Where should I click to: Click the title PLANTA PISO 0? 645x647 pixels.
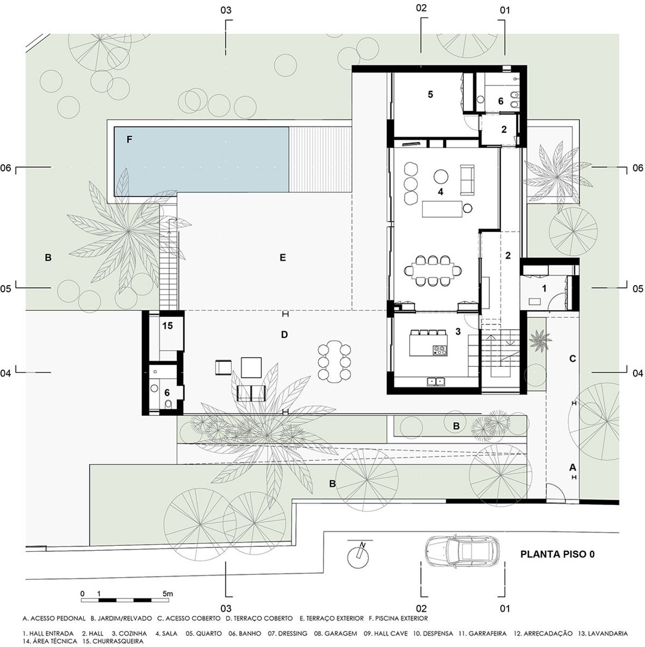pyautogui.click(x=557, y=554)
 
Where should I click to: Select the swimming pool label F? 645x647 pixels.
pyautogui.click(x=129, y=139)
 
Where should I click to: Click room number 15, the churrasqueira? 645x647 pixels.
pyautogui.click(x=168, y=325)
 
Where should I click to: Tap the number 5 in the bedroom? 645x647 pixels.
pyautogui.click(x=430, y=94)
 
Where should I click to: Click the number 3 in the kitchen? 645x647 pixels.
pyautogui.click(x=458, y=331)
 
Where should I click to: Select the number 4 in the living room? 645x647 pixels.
pyautogui.click(x=441, y=191)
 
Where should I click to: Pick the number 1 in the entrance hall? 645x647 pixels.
pyautogui.click(x=544, y=288)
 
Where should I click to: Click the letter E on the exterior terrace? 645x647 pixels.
pyautogui.click(x=283, y=258)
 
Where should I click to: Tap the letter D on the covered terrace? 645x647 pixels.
pyautogui.click(x=284, y=335)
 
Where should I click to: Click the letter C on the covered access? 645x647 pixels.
pyautogui.click(x=572, y=359)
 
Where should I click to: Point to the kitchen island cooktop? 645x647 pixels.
pyautogui.click(x=440, y=350)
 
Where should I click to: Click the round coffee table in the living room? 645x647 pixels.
pyautogui.click(x=441, y=176)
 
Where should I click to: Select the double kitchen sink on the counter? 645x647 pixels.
pyautogui.click(x=436, y=381)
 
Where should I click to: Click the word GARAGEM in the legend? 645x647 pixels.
pyautogui.click(x=335, y=633)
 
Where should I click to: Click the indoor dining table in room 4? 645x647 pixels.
pyautogui.click(x=433, y=271)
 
